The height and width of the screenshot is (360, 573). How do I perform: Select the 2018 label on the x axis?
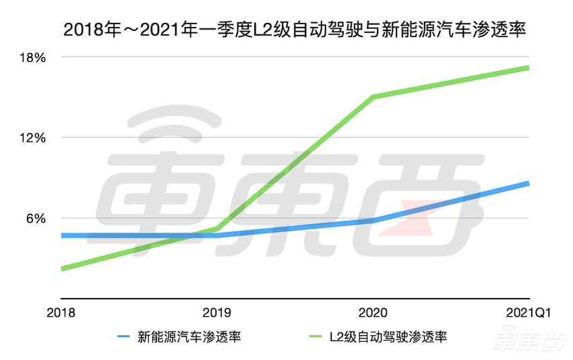(61, 313)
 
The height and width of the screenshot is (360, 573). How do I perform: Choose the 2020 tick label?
(373, 313)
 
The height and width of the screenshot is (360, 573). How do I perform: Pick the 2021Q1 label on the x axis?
(524, 313)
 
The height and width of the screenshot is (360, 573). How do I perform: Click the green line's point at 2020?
(373, 97)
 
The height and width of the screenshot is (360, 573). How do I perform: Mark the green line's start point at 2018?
(62, 269)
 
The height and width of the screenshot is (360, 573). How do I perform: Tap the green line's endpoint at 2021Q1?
(528, 67)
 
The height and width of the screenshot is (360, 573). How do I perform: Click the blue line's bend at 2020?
(373, 220)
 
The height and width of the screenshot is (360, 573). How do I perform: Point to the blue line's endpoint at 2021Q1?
(528, 183)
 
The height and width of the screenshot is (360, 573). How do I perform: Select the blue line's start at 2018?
(62, 235)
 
